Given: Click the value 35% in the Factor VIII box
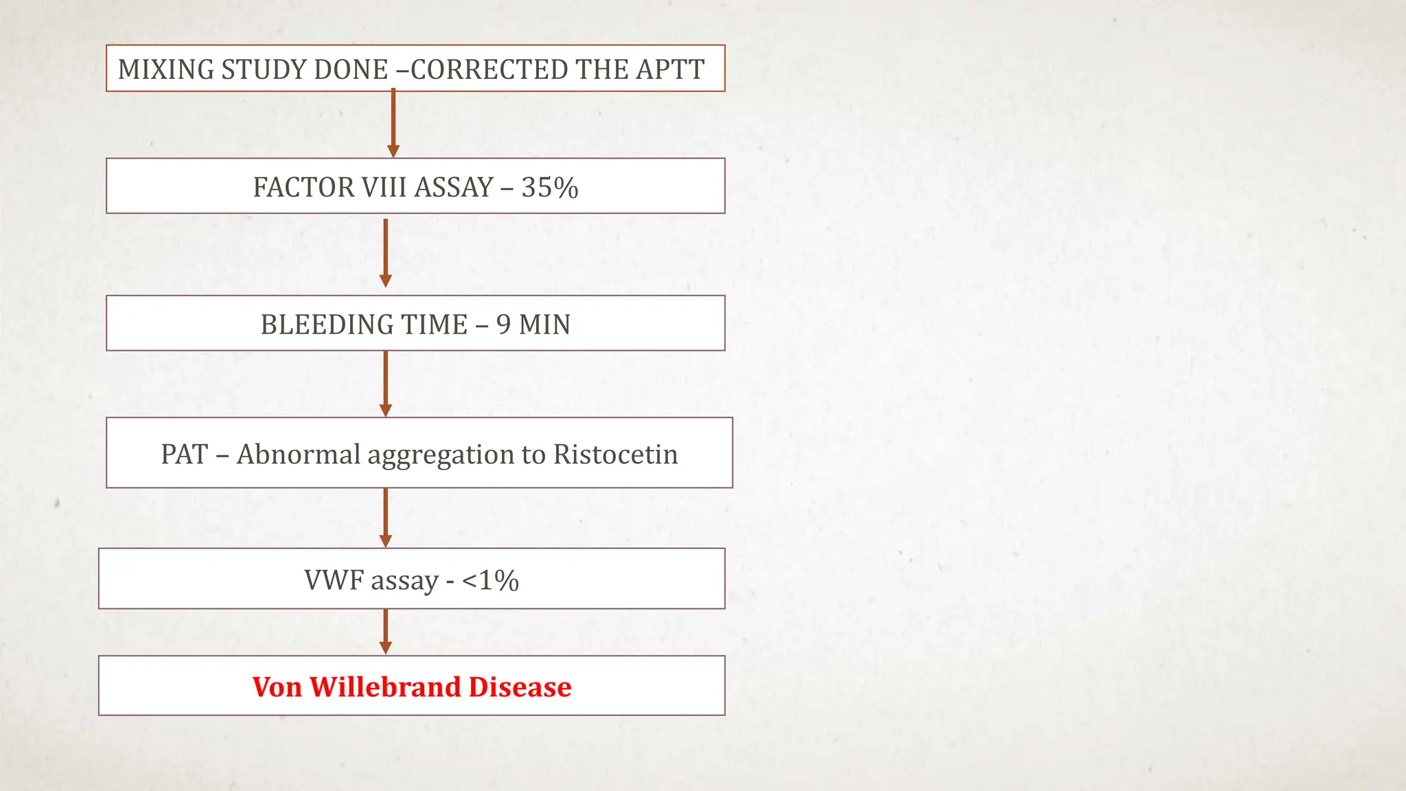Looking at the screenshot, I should (x=549, y=187).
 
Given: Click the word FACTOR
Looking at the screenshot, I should (x=296, y=187).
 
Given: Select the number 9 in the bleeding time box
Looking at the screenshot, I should (x=503, y=324).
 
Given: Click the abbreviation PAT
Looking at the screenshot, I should (x=184, y=455).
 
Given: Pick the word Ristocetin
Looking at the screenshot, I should (x=615, y=455).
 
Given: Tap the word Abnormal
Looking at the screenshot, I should (x=298, y=455).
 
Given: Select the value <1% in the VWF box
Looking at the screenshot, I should (x=490, y=580).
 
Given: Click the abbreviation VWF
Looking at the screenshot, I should (x=334, y=580).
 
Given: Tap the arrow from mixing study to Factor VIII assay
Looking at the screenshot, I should (x=393, y=124).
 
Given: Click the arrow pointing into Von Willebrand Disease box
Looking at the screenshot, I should (x=386, y=632).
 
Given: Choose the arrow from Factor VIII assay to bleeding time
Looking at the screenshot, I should (x=386, y=253).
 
